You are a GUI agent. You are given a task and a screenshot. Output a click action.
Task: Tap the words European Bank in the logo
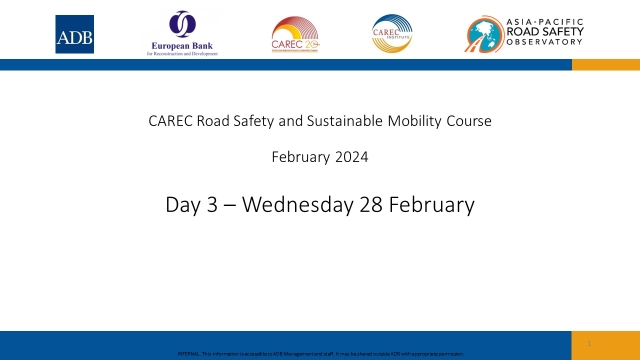tap(181, 46)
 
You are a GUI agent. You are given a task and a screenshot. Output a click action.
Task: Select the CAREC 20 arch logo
tap(296, 34)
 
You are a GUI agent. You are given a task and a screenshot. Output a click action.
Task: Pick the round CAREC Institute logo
tap(392, 33)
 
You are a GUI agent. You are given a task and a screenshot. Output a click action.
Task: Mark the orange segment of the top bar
tap(605, 64)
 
